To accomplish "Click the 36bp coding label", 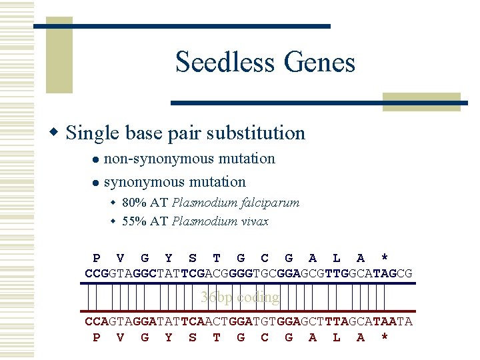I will coord(240,297).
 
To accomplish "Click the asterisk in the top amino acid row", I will coord(385,258).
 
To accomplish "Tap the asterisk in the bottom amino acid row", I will coord(385,337).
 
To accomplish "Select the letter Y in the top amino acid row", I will coord(168,258).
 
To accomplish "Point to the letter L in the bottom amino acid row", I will coord(337,337).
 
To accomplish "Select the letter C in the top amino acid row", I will coord(265,258).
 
